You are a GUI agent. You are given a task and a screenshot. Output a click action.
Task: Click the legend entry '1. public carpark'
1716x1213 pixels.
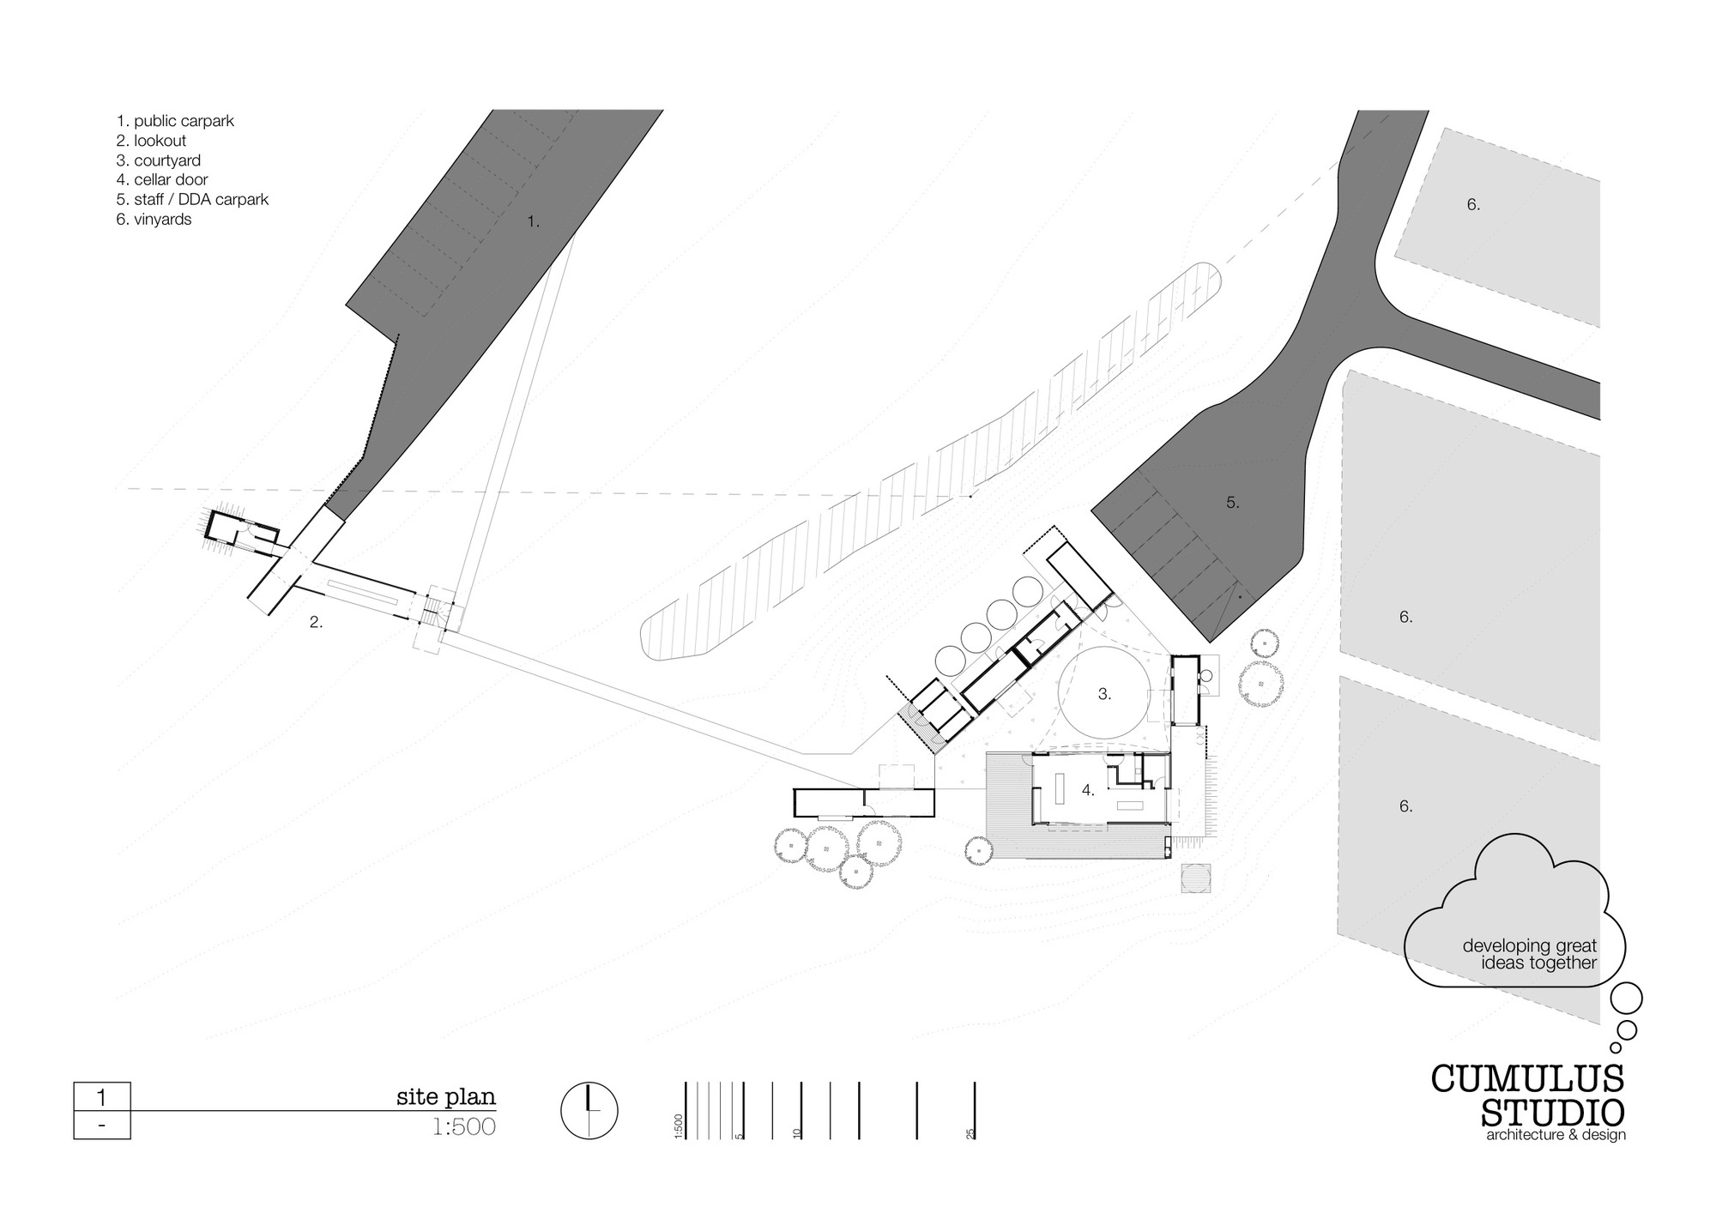tap(175, 121)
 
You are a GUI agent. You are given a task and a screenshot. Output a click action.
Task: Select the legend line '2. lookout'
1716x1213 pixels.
tap(151, 141)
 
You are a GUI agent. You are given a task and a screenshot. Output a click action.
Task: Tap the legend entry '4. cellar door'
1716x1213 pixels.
tap(162, 180)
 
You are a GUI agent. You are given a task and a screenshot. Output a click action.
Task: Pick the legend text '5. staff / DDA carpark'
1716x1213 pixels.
tap(192, 200)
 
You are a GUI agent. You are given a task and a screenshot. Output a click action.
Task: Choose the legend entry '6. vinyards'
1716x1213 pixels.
tap(154, 220)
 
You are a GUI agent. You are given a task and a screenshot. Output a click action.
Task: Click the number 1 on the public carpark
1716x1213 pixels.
tap(533, 221)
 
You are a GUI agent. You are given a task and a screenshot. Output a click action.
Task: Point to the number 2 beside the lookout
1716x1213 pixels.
tap(316, 623)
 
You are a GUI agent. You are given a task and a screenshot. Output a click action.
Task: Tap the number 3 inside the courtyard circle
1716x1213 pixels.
tap(1104, 694)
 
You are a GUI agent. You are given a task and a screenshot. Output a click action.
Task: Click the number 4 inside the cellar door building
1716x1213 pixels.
tap(1088, 790)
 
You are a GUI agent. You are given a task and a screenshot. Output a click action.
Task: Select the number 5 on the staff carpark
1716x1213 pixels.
tap(1232, 503)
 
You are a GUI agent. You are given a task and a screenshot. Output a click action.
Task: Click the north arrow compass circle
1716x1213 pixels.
tap(589, 1112)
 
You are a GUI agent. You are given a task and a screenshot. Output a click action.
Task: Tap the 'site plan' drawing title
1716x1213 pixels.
tap(445, 1096)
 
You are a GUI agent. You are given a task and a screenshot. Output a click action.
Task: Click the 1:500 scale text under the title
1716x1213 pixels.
tap(464, 1126)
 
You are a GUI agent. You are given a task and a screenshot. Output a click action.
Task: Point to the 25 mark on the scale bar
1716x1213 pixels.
tap(971, 1133)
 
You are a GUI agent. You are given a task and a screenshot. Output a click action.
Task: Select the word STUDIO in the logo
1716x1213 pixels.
tap(1553, 1113)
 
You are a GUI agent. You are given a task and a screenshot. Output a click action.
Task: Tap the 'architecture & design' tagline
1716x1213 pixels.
tap(1556, 1136)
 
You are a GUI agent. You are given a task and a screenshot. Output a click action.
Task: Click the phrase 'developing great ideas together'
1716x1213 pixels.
tap(1529, 954)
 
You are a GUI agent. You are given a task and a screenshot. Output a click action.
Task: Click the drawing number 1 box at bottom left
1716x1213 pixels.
tap(102, 1097)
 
